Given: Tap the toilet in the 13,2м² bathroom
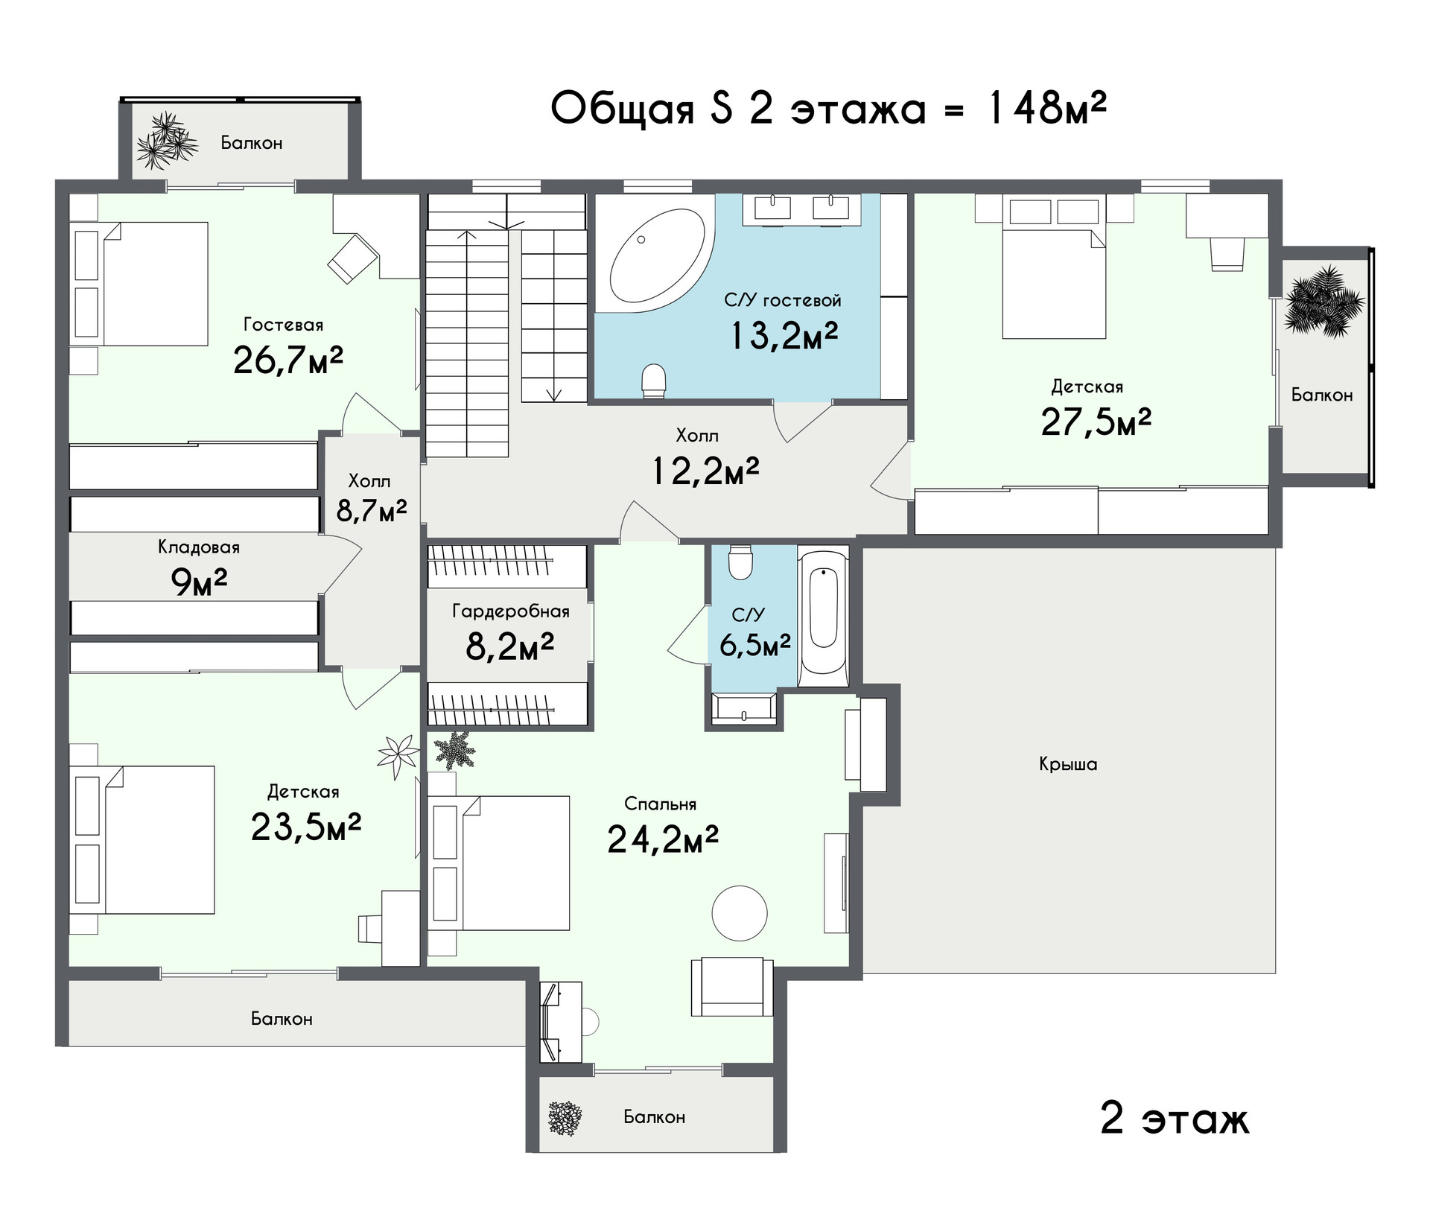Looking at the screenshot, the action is [654, 380].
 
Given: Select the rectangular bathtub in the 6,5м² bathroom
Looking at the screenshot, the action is [823, 617].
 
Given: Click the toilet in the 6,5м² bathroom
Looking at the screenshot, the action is [741, 562].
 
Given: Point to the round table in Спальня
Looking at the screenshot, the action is [739, 913].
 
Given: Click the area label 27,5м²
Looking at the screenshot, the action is [1096, 422].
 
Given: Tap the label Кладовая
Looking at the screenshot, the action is [199, 547].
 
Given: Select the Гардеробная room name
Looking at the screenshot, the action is [511, 611].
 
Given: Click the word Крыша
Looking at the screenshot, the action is [1068, 764].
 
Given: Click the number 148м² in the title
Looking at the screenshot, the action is [1046, 108].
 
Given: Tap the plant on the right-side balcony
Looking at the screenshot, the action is [1324, 302].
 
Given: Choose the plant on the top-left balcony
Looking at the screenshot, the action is [165, 142].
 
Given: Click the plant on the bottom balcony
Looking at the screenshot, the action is [565, 1118].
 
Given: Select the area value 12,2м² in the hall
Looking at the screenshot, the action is [706, 471].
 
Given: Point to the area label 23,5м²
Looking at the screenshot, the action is [306, 826].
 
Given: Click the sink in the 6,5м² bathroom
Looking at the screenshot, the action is [743, 709].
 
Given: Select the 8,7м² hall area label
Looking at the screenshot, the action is [372, 510].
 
